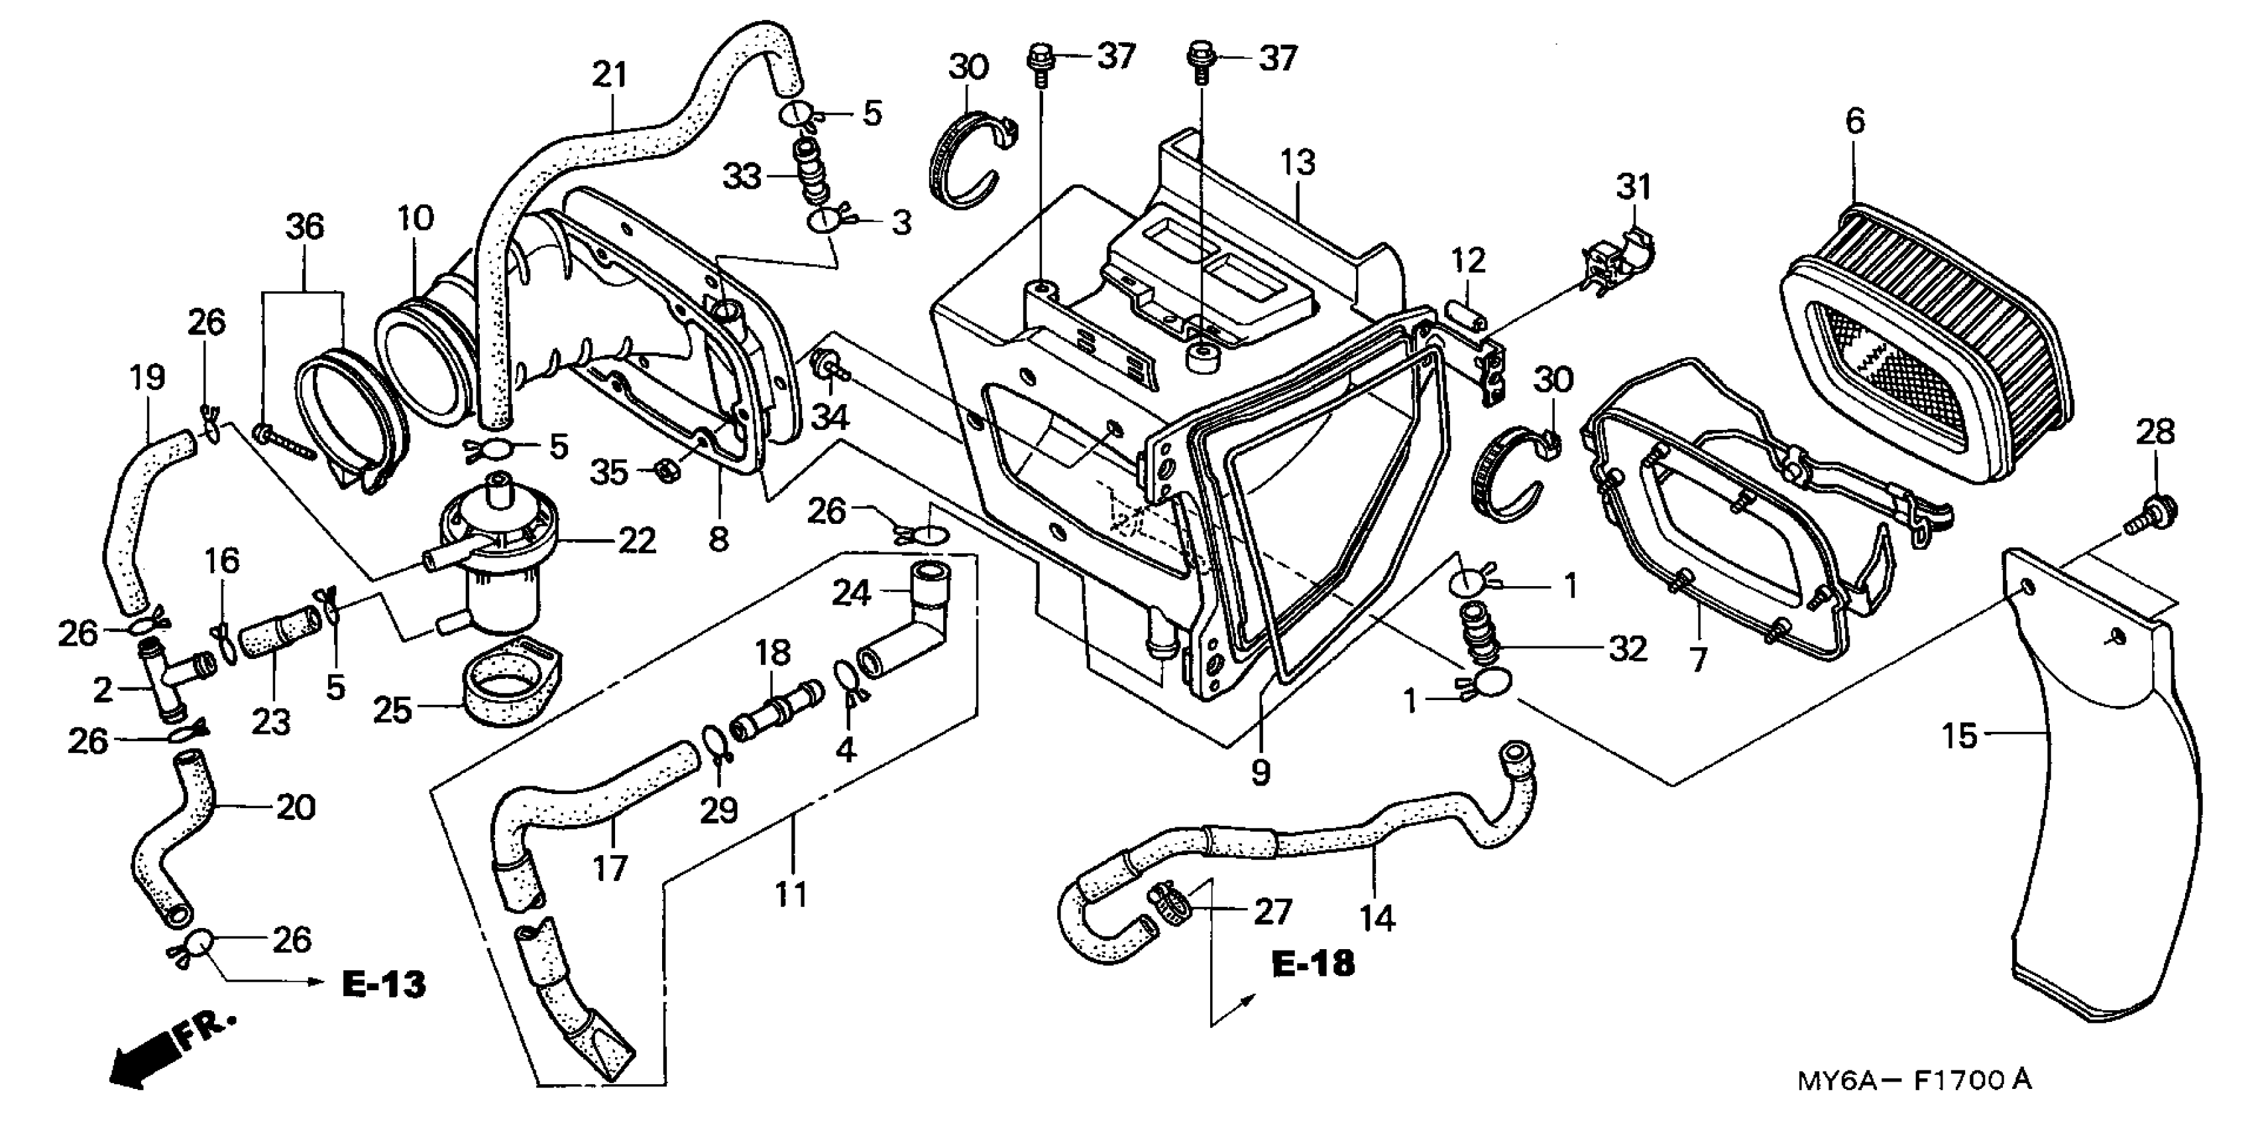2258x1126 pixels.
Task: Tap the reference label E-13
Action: [383, 984]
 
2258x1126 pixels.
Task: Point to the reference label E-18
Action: [1312, 964]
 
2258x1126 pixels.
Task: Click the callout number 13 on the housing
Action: [1297, 162]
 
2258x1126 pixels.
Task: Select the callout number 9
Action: [1260, 771]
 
